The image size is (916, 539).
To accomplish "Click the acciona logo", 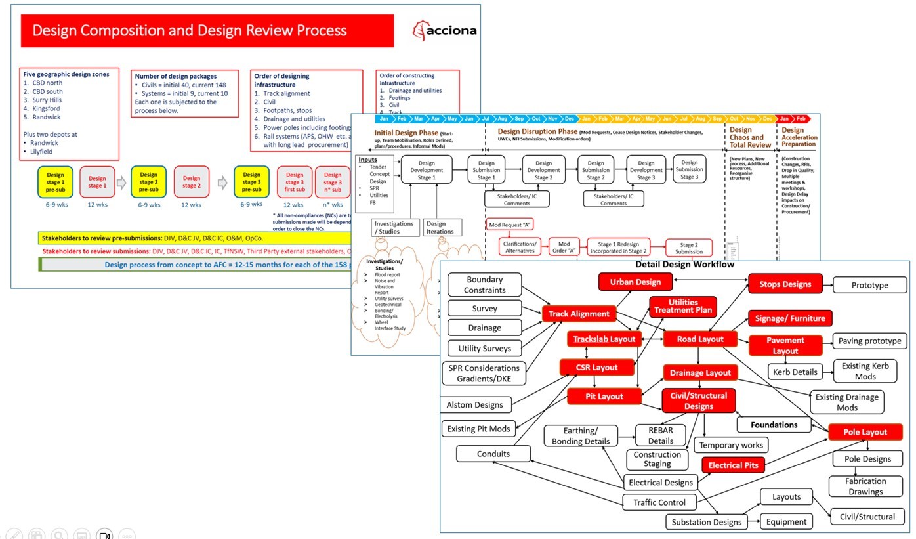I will pyautogui.click(x=444, y=30).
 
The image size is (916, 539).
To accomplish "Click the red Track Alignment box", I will pyautogui.click(x=579, y=314).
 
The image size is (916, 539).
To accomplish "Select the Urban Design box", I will pyautogui.click(x=635, y=282).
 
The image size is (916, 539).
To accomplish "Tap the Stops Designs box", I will pyautogui.click(x=785, y=284).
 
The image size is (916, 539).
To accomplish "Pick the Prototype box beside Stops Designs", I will pyautogui.click(x=869, y=285).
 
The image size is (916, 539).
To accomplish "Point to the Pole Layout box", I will pyautogui.click(x=865, y=432).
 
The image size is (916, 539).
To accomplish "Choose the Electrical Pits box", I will pyautogui.click(x=733, y=465).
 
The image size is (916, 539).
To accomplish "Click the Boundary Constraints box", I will pyautogui.click(x=485, y=284).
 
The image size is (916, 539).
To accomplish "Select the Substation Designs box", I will pyautogui.click(x=706, y=522).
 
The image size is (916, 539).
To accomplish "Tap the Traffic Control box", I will pyautogui.click(x=659, y=502).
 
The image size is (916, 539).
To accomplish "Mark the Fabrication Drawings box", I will pyautogui.click(x=865, y=486).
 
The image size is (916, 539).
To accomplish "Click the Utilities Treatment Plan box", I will pyautogui.click(x=683, y=307).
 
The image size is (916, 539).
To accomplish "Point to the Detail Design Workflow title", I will pyautogui.click(x=684, y=265).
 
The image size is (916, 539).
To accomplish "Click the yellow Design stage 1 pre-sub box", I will pyautogui.click(x=56, y=182).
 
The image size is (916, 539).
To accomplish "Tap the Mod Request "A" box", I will pyautogui.click(x=509, y=225).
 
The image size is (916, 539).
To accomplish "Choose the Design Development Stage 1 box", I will pyautogui.click(x=427, y=170).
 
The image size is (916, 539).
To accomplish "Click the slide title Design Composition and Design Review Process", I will pyautogui.click(x=190, y=30).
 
